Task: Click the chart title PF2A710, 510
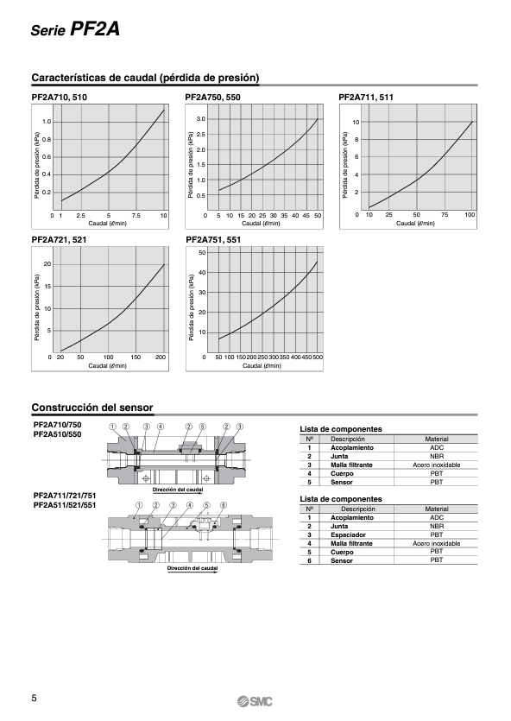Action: click(x=59, y=97)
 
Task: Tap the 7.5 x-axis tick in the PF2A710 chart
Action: click(x=136, y=216)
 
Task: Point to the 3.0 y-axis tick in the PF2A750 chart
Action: click(x=200, y=119)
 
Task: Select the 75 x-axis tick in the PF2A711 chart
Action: click(x=444, y=215)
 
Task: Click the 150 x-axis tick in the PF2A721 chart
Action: click(x=136, y=357)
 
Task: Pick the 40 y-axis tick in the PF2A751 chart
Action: click(x=202, y=273)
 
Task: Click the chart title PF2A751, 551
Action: click(x=213, y=239)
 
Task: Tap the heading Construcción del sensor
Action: click(x=92, y=408)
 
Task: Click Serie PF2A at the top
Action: click(x=75, y=29)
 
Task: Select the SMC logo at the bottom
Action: click(x=255, y=702)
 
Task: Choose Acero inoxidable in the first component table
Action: click(x=436, y=465)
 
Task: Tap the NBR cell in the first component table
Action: click(x=437, y=456)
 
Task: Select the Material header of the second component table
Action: click(x=437, y=509)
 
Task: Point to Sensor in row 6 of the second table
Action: click(x=342, y=560)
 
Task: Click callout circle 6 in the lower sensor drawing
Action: click(x=224, y=505)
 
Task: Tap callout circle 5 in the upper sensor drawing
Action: click(x=203, y=427)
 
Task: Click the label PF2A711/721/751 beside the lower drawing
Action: click(x=65, y=496)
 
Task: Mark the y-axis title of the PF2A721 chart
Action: click(x=37, y=307)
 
